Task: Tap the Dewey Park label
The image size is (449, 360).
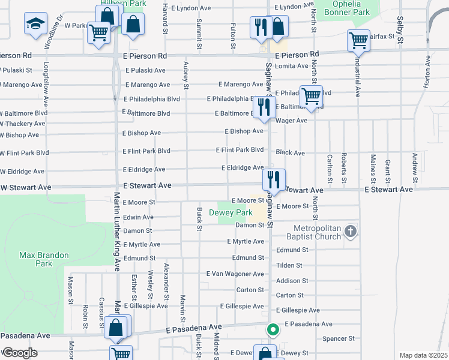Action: (x=231, y=212)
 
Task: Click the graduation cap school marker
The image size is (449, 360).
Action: (x=35, y=24)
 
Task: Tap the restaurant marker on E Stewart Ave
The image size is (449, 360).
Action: (x=272, y=179)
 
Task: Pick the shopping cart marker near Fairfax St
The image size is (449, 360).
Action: (x=358, y=41)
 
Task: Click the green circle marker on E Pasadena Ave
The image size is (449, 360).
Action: (x=273, y=329)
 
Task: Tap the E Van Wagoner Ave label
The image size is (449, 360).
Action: (x=235, y=274)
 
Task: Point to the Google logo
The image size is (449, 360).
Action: (x=19, y=352)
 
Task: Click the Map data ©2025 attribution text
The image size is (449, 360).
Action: (x=423, y=355)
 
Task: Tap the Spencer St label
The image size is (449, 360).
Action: (x=340, y=338)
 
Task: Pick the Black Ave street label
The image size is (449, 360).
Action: (x=291, y=152)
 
